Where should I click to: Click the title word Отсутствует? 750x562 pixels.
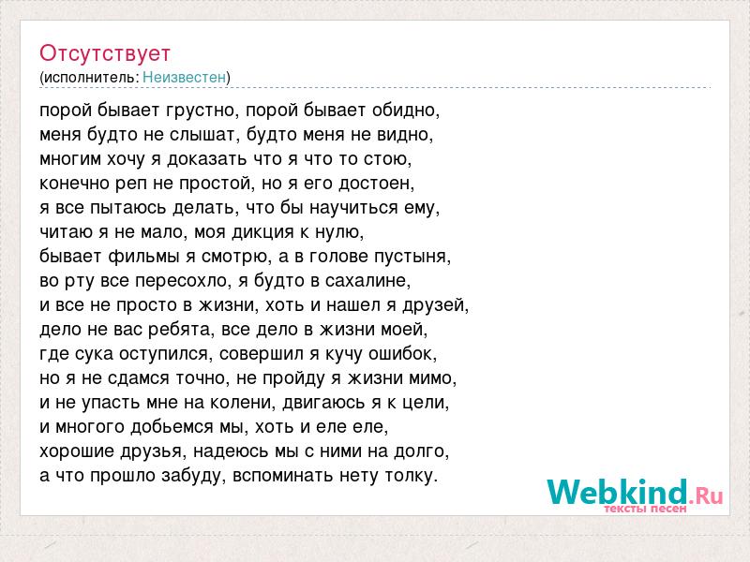(x=105, y=53)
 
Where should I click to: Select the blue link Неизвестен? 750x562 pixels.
(x=184, y=77)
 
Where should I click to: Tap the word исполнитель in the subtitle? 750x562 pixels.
(x=90, y=78)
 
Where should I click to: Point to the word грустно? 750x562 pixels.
(x=201, y=111)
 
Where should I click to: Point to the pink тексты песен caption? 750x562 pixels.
(x=645, y=509)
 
